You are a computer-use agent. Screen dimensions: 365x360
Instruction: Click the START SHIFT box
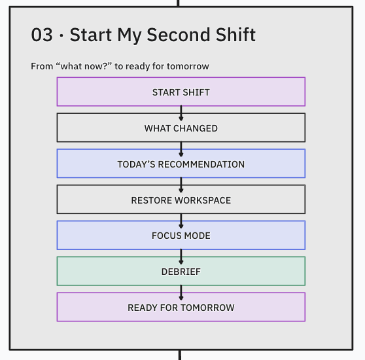point(181,92)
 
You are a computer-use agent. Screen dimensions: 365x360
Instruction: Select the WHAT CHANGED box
point(181,128)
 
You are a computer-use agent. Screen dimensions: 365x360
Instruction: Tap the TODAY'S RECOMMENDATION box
point(181,164)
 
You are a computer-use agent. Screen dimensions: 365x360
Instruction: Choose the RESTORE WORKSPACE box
point(181,200)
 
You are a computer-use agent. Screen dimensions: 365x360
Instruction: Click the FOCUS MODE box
point(181,235)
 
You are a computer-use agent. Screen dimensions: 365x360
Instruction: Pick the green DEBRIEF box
point(181,271)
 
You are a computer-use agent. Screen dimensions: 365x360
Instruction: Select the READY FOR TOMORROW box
point(181,307)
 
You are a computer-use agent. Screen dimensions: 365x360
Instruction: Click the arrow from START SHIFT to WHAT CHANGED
point(181,113)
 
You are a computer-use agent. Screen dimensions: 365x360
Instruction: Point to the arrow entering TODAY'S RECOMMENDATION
point(181,149)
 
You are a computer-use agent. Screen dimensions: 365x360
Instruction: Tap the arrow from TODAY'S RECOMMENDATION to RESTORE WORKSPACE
point(181,185)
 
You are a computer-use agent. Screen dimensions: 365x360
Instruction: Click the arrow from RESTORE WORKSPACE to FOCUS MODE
point(181,221)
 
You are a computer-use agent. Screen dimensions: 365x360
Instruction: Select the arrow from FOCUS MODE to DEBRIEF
point(181,257)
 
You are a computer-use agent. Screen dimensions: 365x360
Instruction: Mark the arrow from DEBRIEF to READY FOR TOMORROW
point(181,293)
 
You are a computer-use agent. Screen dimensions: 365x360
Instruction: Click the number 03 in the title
point(42,35)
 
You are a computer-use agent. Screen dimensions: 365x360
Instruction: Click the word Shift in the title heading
point(235,35)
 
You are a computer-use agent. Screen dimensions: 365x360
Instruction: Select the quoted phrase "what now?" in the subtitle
point(84,66)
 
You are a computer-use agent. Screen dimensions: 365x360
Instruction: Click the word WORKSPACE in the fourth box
point(203,200)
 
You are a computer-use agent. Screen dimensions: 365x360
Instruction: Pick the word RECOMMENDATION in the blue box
point(201,164)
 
